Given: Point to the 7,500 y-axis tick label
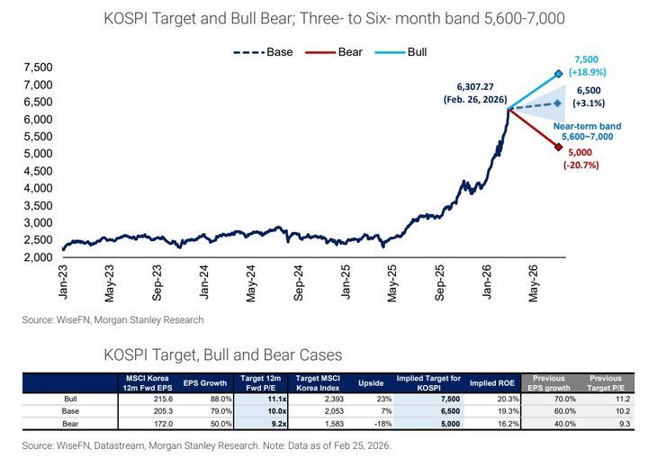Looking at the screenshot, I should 38,67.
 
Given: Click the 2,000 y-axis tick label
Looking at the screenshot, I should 38,257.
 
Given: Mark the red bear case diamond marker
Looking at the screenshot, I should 559,147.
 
